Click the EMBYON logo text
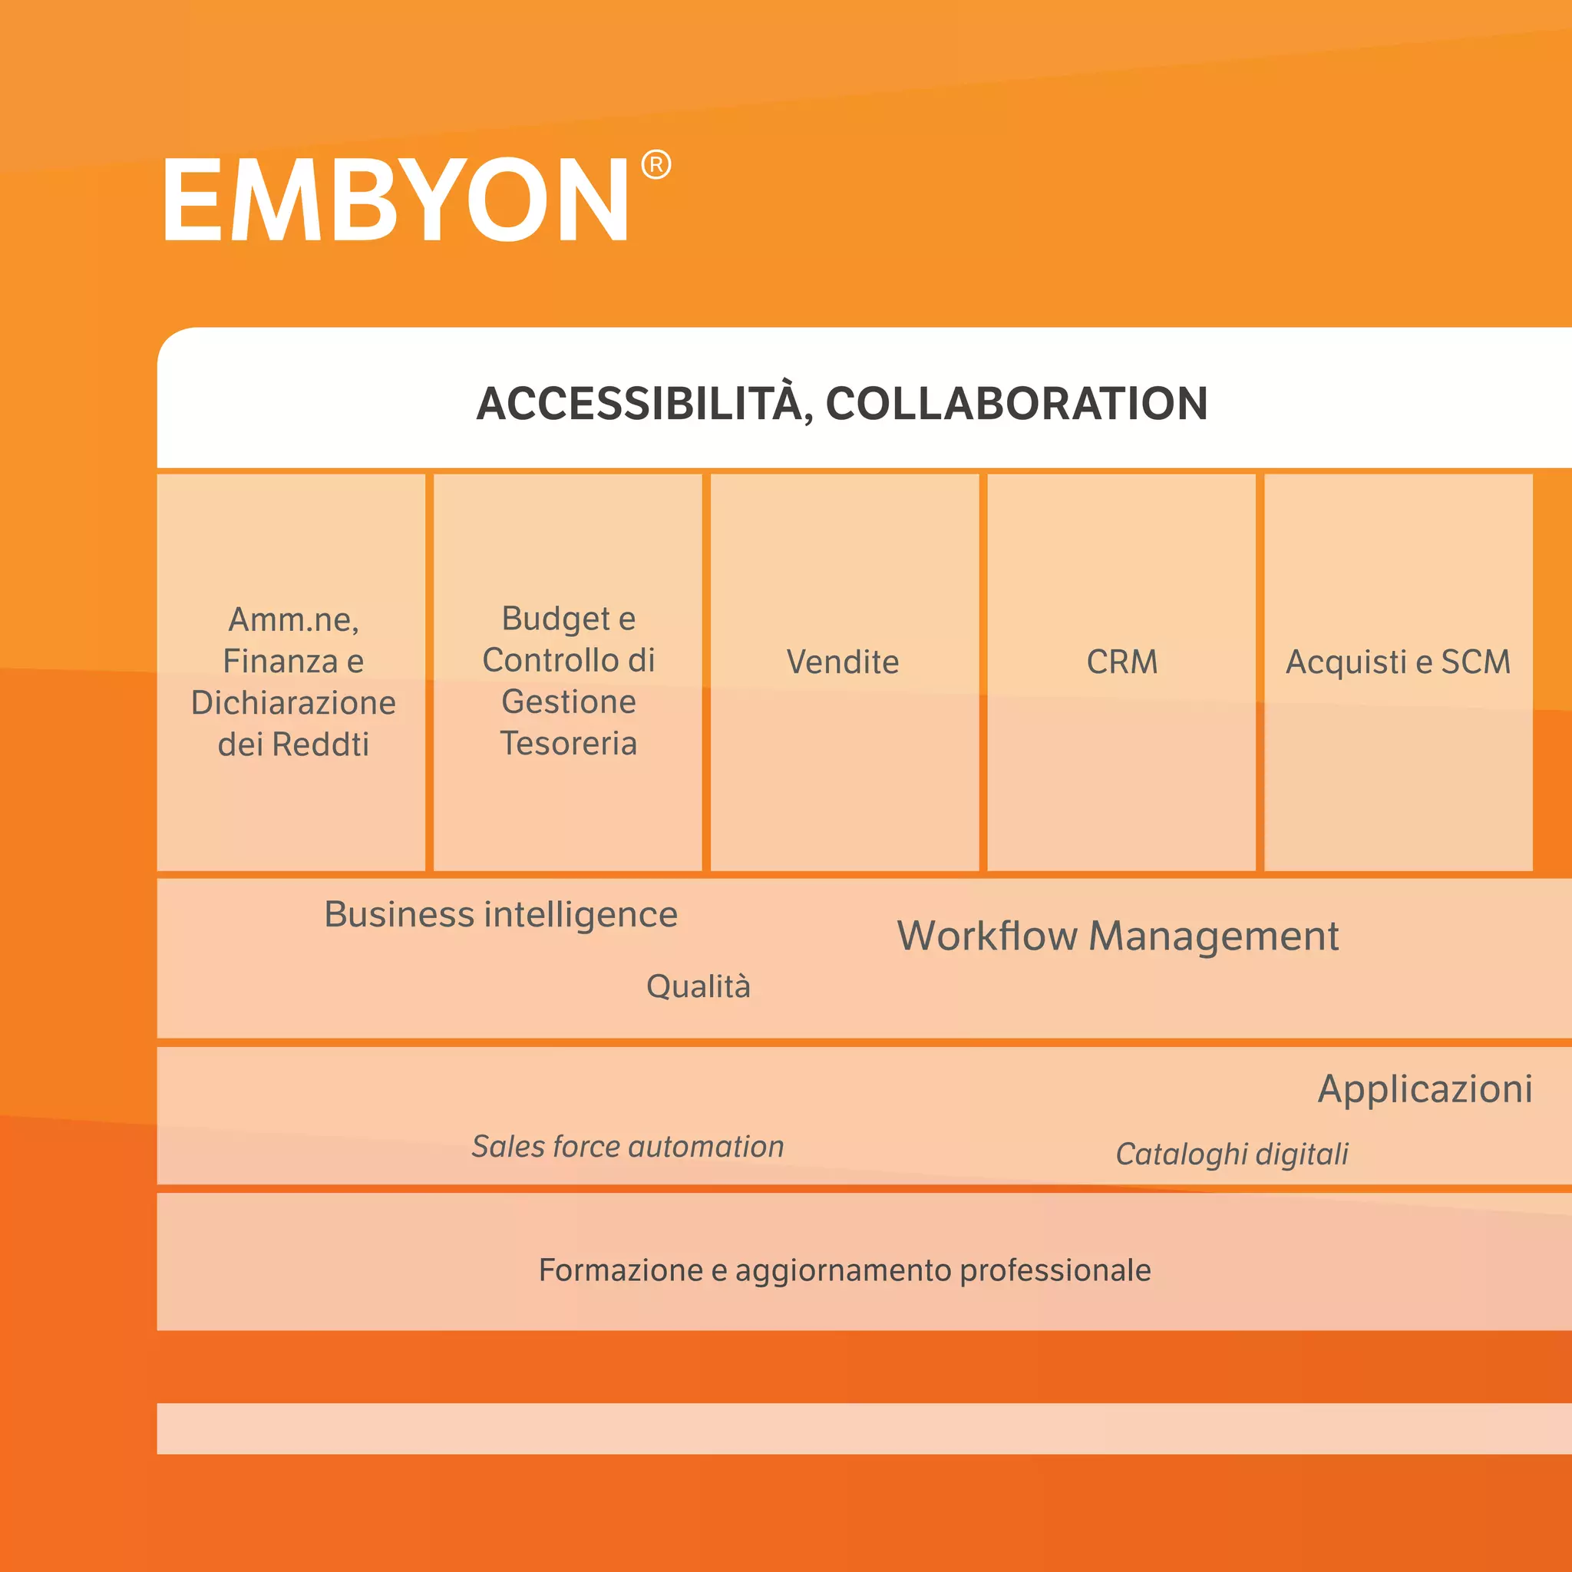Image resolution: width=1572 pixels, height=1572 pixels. tap(395, 200)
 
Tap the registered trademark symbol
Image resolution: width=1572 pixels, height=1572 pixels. tap(656, 164)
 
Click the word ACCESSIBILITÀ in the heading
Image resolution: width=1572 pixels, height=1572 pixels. tap(639, 404)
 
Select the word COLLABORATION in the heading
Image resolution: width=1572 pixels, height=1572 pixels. tap(1016, 404)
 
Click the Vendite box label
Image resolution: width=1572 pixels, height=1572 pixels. tap(843, 662)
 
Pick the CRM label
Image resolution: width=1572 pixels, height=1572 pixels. tap(1122, 662)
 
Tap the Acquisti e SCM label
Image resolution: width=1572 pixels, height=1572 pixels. tap(1398, 662)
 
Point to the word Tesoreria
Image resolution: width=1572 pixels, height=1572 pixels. tap(568, 743)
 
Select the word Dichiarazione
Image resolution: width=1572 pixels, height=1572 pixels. tap(293, 703)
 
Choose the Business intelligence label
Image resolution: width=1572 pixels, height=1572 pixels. tap(500, 914)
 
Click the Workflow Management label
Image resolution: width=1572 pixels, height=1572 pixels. tap(1117, 936)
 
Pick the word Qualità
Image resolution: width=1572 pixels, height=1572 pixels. tap(698, 986)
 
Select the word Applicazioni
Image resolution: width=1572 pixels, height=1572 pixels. tap(1425, 1088)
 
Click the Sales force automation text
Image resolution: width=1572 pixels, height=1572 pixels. tap(627, 1147)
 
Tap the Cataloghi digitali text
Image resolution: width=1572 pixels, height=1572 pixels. tap(1232, 1154)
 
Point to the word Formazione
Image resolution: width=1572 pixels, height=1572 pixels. tap(620, 1270)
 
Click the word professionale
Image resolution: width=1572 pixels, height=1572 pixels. tap(1055, 1270)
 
